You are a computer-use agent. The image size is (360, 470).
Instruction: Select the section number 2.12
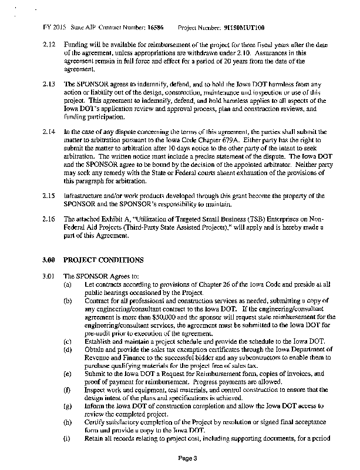click(x=49, y=45)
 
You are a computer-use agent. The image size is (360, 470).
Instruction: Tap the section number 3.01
click(x=49, y=276)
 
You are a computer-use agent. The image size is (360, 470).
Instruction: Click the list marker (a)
click(x=68, y=284)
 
